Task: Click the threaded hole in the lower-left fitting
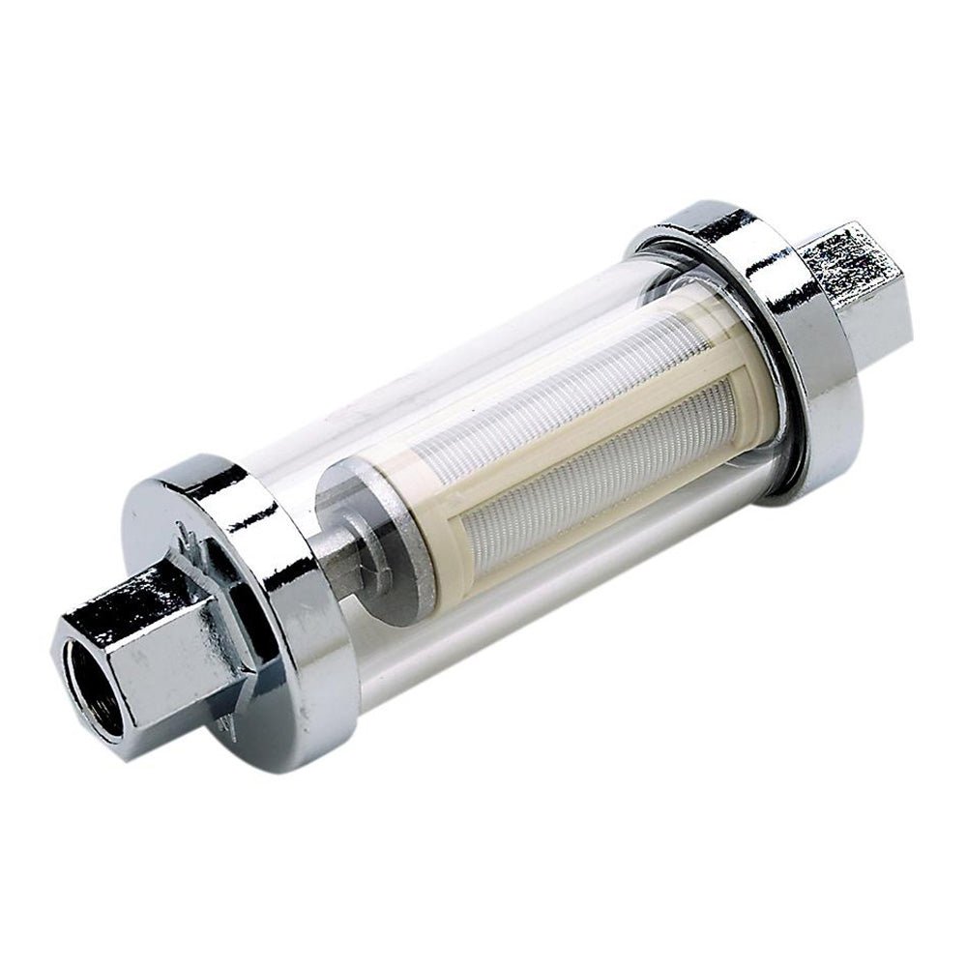pyautogui.click(x=91, y=689)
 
